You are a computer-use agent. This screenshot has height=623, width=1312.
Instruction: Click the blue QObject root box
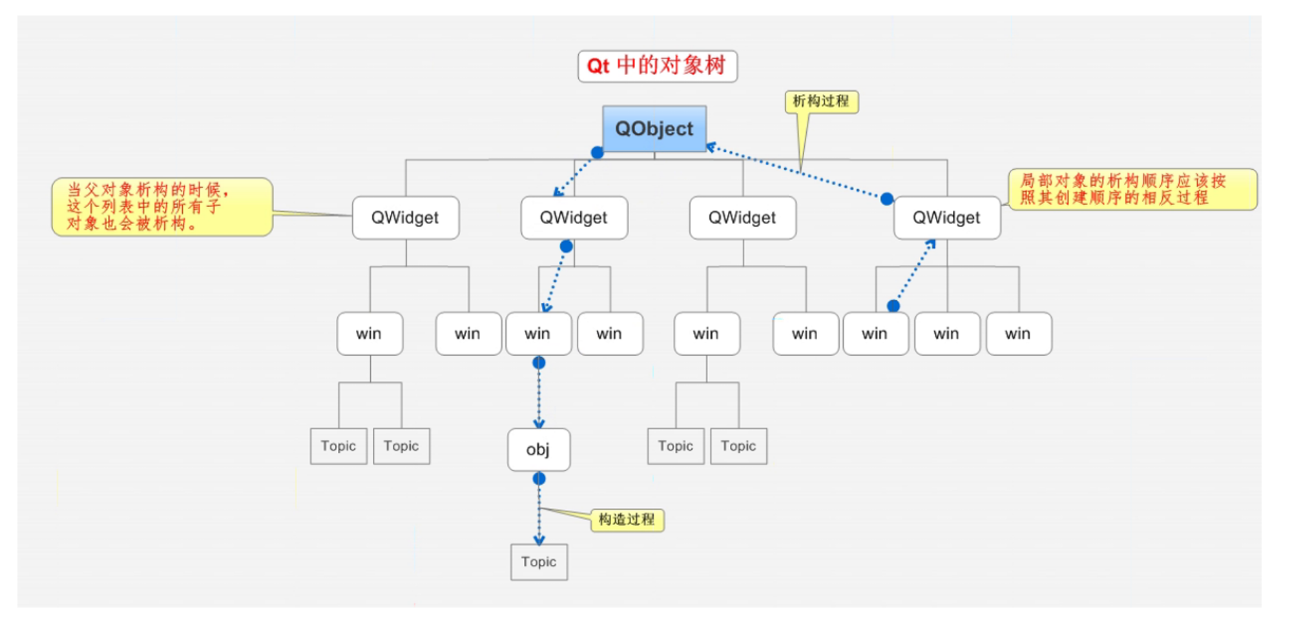point(654,128)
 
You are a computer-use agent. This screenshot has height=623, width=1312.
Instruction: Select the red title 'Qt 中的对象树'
point(657,66)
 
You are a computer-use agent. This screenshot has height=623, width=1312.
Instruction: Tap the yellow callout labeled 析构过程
point(821,101)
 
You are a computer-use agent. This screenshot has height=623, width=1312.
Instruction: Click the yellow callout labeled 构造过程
point(627,520)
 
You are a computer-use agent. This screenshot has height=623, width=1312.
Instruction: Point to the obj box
point(538,449)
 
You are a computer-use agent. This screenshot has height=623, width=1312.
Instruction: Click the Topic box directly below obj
point(539,562)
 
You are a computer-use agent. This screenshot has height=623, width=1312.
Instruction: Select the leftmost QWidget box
point(405,218)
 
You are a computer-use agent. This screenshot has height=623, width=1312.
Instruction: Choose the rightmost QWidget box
point(946,218)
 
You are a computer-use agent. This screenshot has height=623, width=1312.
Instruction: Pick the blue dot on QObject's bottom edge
point(598,152)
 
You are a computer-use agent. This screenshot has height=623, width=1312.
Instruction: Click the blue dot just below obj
point(539,478)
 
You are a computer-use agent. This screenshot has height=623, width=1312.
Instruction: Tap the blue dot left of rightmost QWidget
point(887,199)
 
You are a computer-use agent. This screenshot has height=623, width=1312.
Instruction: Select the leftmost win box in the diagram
point(369,334)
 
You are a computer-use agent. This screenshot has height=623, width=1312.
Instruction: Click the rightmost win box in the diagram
point(1018,334)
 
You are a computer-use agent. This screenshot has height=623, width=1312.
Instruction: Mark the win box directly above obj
point(538,334)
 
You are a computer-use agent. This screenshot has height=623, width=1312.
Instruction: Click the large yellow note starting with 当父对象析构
point(161,207)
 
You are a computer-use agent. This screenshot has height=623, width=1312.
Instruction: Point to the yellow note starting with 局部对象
point(1132,189)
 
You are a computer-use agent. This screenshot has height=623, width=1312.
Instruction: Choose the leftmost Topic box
point(338,446)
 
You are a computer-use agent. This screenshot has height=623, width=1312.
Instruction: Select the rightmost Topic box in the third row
point(738,446)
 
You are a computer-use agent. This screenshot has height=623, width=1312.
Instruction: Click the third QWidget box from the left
point(742,218)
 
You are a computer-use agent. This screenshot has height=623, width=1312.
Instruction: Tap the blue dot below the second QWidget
point(566,246)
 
